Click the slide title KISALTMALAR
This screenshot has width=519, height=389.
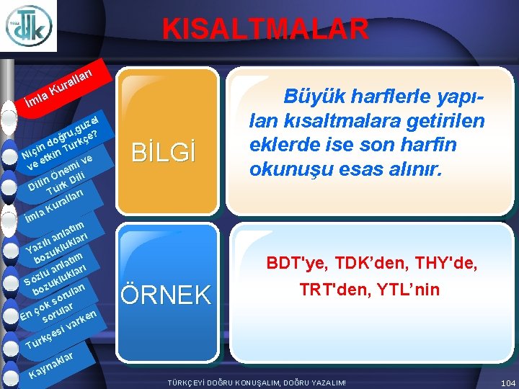[265, 30]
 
